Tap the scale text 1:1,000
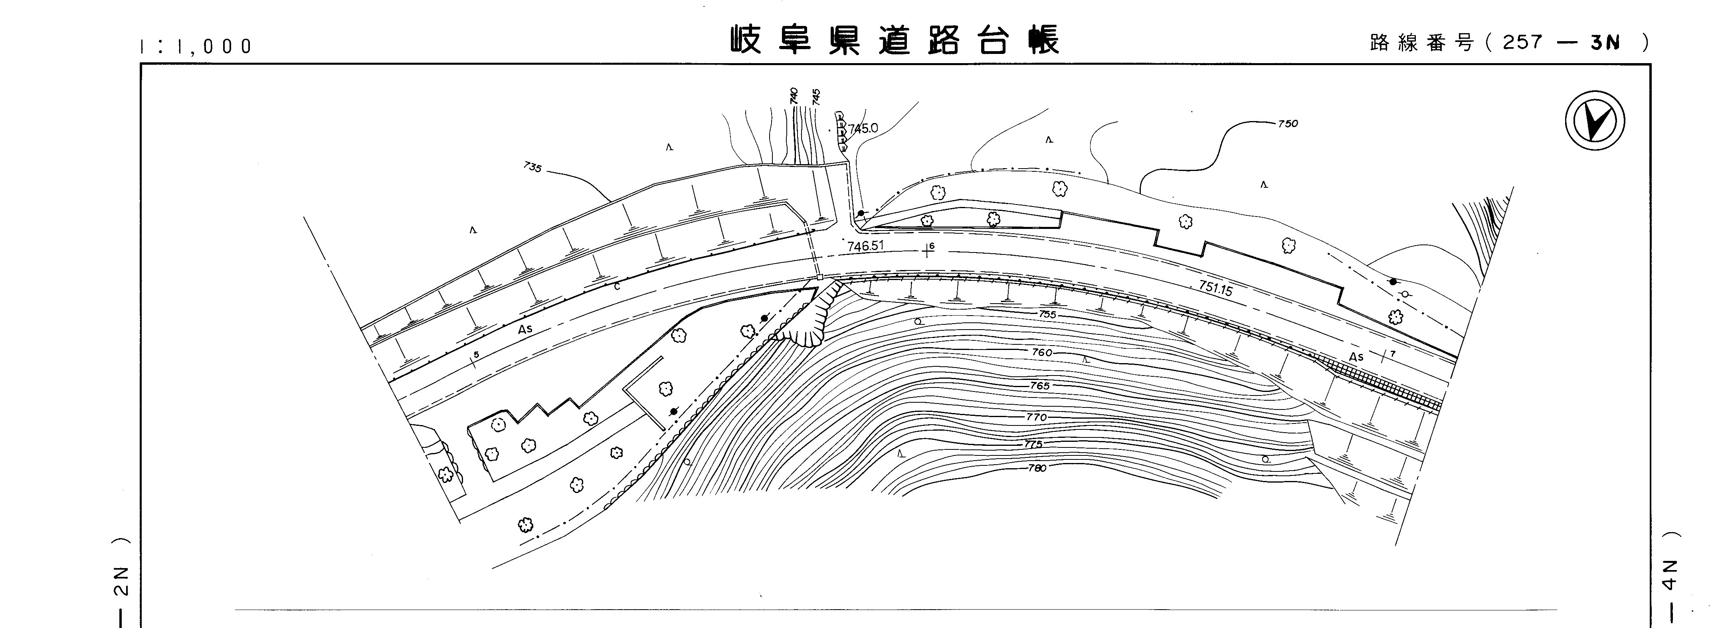(x=196, y=46)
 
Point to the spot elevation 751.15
(x=1216, y=288)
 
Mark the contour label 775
(x=1033, y=444)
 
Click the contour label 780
(x=1037, y=468)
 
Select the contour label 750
(x=1288, y=123)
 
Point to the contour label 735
(x=532, y=167)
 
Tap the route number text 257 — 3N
(x=1558, y=43)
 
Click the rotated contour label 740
(x=794, y=96)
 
